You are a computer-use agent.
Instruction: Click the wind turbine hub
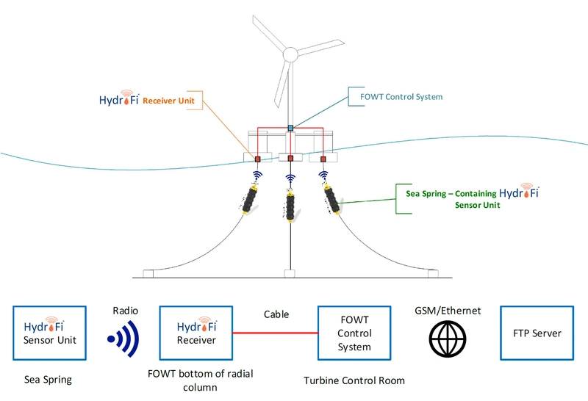tap(290, 54)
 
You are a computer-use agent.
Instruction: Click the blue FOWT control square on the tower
tap(290, 129)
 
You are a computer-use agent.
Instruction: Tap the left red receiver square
tap(258, 159)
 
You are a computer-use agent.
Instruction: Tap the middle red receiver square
tap(290, 159)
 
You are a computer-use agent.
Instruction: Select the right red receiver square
tap(323, 159)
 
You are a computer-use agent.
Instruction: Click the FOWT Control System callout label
tap(401, 96)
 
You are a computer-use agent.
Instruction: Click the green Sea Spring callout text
tap(470, 199)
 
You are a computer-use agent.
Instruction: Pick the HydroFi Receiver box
tap(196, 333)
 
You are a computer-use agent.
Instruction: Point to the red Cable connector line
tap(273, 333)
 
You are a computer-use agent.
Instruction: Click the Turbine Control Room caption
tap(354, 380)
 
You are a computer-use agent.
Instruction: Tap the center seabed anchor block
tap(290, 274)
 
